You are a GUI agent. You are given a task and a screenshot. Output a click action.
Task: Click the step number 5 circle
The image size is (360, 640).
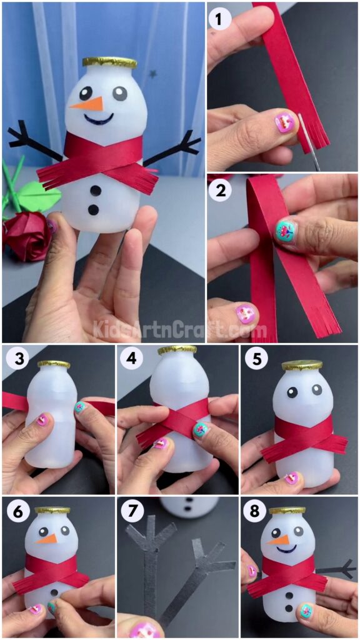(x=255, y=360)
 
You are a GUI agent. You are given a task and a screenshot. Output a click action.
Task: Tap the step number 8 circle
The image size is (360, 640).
(x=255, y=512)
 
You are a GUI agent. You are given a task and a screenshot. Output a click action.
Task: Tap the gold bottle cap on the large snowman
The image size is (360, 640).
(x=109, y=62)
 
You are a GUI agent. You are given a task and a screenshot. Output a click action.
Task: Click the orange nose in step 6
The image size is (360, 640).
(x=47, y=538)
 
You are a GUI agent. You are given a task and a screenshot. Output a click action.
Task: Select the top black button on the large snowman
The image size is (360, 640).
(x=95, y=190)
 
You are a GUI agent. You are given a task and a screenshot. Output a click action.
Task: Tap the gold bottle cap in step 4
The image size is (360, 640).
(x=177, y=351)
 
